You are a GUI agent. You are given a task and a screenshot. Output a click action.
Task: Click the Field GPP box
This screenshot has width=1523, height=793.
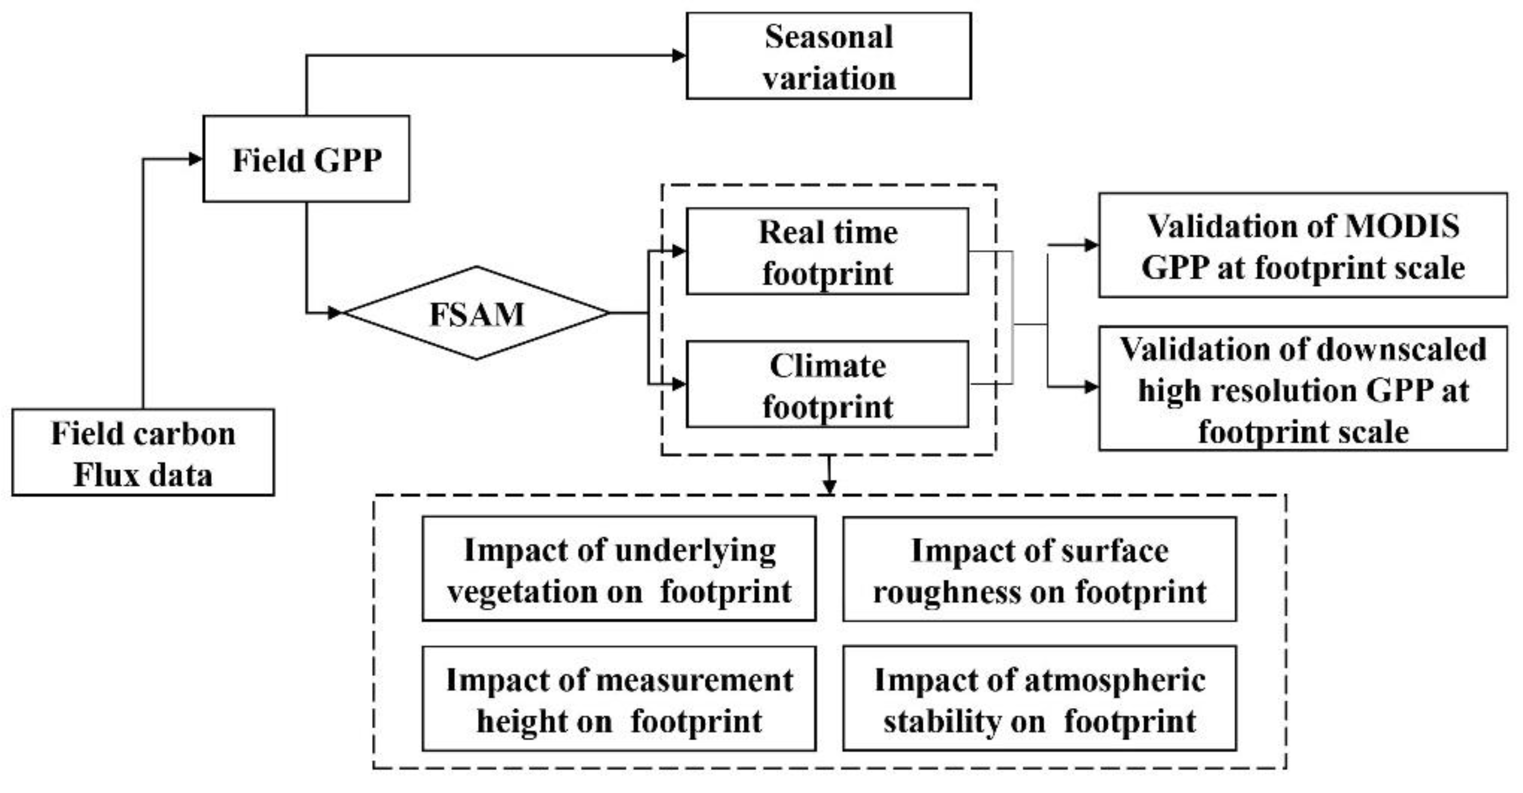306,159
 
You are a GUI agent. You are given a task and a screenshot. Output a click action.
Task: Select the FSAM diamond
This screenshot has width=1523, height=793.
476,313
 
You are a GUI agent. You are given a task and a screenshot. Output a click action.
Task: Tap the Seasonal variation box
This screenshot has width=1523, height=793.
828,56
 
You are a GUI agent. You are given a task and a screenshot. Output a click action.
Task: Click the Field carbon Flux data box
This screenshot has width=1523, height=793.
143,452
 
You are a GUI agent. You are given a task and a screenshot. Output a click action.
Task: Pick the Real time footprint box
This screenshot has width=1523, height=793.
827,251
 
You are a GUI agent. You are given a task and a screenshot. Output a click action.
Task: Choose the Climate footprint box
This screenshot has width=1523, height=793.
827,384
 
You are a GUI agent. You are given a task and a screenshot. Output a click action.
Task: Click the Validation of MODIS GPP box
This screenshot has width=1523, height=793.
1302,245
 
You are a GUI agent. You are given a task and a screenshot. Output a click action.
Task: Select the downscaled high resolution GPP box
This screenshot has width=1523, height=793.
1302,389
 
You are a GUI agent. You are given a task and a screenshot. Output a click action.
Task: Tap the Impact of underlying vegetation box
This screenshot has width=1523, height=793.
619,569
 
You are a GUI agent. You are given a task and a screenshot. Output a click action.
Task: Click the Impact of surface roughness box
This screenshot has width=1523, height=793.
1039,569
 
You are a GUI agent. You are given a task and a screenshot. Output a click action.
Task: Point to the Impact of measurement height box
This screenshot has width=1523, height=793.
619,699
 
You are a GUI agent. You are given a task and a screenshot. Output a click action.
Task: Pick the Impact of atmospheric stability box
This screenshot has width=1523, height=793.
1039,699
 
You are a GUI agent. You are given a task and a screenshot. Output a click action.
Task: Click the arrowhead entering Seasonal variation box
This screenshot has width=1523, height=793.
679,55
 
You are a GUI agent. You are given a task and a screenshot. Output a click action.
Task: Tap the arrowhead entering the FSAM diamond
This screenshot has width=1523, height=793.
335,312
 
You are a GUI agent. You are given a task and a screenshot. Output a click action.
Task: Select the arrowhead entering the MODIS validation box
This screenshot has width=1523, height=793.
1091,245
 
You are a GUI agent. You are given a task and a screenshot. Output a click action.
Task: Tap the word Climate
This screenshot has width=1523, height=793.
827,366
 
